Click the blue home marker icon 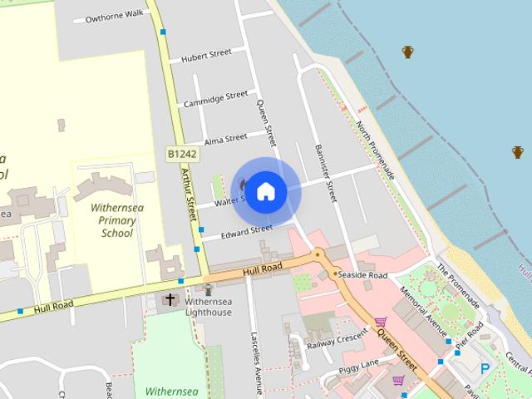(265, 191)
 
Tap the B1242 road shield (181, 154)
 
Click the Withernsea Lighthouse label (208, 307)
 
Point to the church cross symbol (170, 299)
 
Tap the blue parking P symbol (485, 367)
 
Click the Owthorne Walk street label (115, 16)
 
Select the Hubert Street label (207, 56)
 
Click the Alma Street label (225, 137)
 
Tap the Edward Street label (247, 230)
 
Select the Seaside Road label (363, 275)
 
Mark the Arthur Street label (187, 190)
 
